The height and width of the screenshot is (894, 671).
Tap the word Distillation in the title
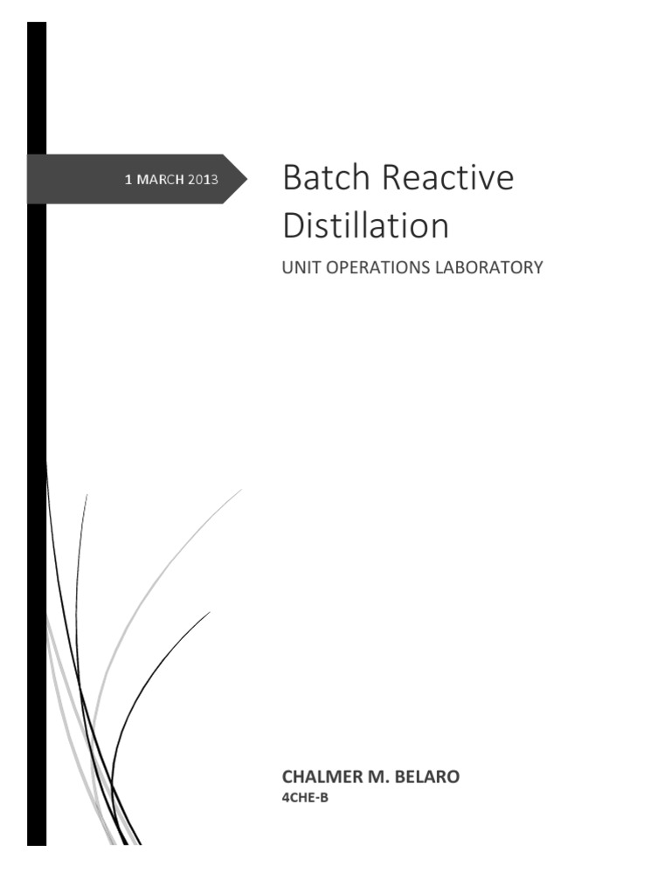click(x=365, y=226)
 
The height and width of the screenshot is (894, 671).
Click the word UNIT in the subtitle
click(x=298, y=267)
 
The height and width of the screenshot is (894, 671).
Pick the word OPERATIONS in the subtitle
click(x=377, y=267)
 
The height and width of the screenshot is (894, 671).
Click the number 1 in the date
click(x=128, y=180)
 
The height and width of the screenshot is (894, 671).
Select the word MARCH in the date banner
click(x=160, y=180)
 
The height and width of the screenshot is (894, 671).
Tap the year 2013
click(x=203, y=180)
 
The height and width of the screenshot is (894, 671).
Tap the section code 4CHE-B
click(x=303, y=796)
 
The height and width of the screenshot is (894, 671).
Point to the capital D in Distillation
click(x=294, y=226)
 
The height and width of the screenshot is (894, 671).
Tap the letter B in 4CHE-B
click(x=323, y=796)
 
